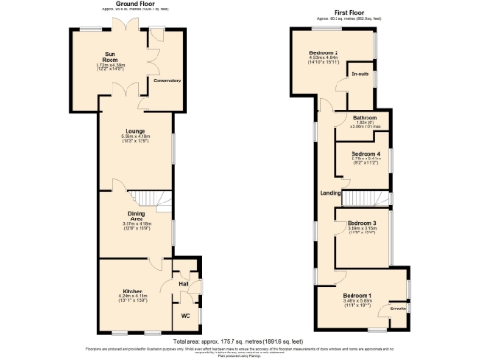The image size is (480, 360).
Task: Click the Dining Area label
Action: tap(137, 217)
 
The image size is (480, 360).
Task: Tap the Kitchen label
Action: tap(130, 292)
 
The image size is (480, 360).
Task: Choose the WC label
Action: tap(185, 316)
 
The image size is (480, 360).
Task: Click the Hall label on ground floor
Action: tap(185, 282)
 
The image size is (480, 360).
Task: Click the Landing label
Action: tap(329, 193)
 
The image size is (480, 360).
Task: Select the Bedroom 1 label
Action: tap(357, 296)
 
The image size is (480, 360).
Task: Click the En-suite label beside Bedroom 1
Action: tap(398, 307)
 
